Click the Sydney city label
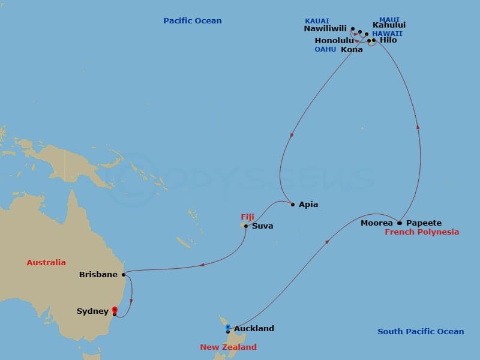coord(92,311)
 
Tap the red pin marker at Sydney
coord(115,310)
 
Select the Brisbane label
coord(98,275)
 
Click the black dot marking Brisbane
coord(124,275)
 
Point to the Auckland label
coord(254,328)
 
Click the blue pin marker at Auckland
coord(228,328)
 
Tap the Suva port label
coord(263,226)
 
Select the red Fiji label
coord(247,217)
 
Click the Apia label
coord(308,205)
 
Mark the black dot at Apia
coord(293,205)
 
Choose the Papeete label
coord(424,223)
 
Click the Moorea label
coord(377,223)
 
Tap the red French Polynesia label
coord(422,232)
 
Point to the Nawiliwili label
coord(326,28)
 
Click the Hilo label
coord(388,40)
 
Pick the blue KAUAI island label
coord(317,21)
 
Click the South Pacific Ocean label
coord(421,331)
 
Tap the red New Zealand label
coord(228,347)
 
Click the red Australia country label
coord(46,262)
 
